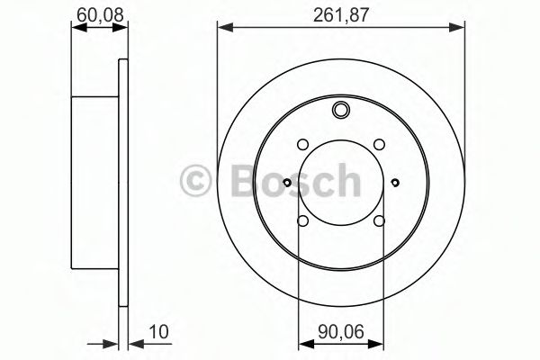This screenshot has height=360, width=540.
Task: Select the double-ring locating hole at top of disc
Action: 341,111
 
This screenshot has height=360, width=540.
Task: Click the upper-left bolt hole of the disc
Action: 303,144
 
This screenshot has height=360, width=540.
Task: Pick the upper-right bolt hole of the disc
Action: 379,144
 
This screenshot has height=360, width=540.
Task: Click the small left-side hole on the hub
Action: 286,183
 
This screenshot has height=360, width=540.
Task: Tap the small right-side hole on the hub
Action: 397,183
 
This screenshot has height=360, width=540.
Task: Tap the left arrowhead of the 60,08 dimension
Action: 75,29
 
